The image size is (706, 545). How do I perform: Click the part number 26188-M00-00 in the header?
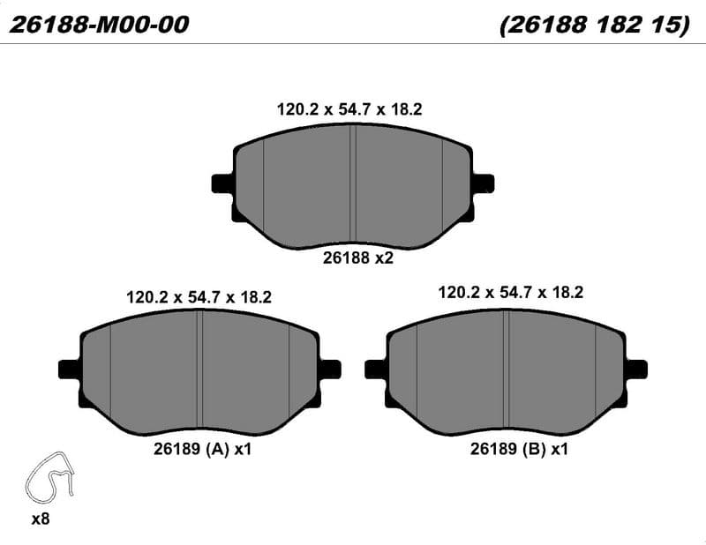coord(99,25)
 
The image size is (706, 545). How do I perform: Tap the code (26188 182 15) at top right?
coord(595,25)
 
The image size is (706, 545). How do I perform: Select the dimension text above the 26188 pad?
coord(349,109)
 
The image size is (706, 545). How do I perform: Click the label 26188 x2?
coord(358,258)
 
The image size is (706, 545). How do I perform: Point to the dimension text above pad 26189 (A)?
coord(199,297)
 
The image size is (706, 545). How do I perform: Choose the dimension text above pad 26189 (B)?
coord(511,293)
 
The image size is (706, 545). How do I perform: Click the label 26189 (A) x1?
coord(202,449)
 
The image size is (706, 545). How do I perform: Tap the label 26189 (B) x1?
coord(519,449)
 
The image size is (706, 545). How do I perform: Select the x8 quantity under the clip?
coord(40,519)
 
